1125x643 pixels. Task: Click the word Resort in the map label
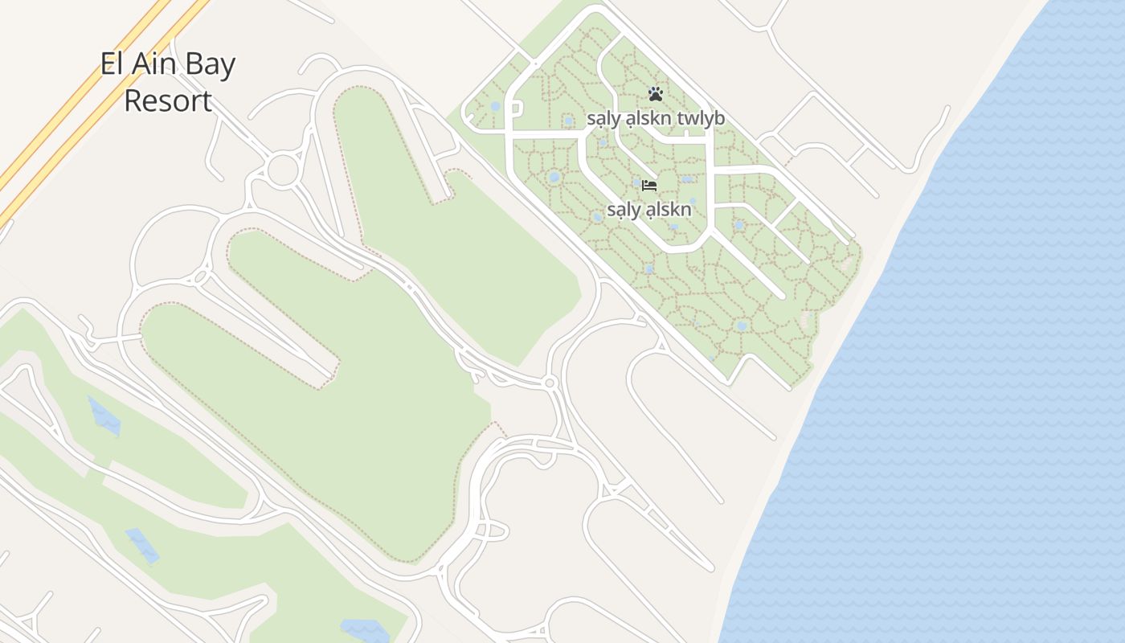[168, 101]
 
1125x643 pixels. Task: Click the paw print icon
[655, 94]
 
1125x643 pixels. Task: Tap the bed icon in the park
[649, 186]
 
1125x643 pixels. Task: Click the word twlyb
[701, 119]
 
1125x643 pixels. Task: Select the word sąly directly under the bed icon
[624, 211]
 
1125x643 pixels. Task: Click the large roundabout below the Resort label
[282, 170]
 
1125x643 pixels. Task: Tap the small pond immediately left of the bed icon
[636, 183]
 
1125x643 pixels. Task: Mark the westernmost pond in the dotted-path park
[495, 106]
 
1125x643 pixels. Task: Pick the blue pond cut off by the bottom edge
[366, 630]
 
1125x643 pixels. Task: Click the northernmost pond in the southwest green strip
[104, 416]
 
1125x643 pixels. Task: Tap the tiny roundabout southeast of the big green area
[550, 383]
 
